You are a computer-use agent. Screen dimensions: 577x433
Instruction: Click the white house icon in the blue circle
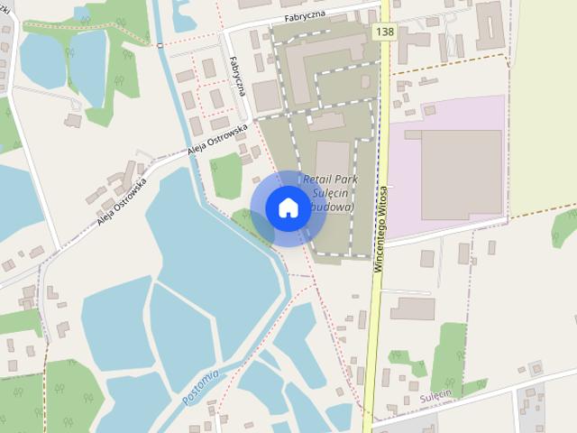288,207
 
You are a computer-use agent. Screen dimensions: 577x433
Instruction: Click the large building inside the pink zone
461,174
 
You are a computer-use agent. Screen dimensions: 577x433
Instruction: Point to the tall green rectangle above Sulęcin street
449,356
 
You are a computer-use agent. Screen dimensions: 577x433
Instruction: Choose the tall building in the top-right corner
490,24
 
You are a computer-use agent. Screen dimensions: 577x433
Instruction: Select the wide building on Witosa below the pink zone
412,309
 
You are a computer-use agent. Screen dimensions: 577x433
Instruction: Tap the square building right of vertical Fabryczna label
266,95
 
